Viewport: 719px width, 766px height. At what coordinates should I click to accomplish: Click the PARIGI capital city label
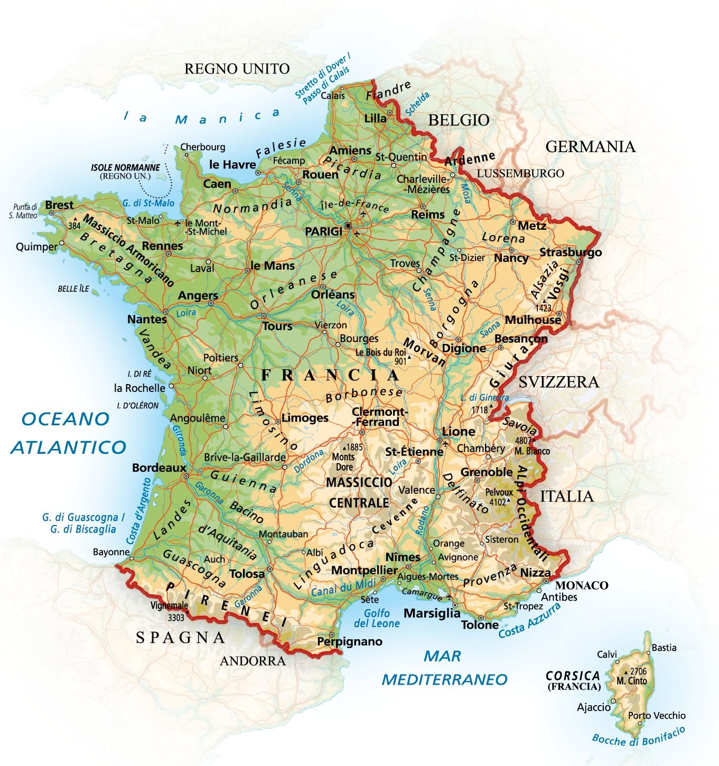(323, 231)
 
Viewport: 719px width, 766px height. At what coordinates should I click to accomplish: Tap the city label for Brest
(59, 205)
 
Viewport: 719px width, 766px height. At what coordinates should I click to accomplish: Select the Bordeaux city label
(159, 468)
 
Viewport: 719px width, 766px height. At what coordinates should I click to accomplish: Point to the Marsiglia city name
(432, 613)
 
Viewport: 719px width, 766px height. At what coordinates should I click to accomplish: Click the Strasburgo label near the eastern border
(570, 253)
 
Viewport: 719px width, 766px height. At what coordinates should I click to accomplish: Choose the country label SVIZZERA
(558, 382)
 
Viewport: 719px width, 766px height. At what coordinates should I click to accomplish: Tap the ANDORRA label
(253, 661)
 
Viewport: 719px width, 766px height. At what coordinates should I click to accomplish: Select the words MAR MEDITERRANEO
(444, 668)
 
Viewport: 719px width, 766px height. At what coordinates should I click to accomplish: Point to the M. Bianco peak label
(532, 451)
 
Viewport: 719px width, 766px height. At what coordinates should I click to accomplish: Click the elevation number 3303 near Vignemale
(176, 617)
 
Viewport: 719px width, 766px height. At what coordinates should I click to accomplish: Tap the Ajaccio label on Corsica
(593, 707)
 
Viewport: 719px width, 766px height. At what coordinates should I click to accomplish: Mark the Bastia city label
(664, 648)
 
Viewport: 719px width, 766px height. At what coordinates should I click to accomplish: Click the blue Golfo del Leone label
(377, 618)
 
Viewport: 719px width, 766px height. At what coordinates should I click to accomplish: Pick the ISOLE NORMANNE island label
(125, 167)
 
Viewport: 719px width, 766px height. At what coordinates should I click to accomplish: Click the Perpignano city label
(349, 641)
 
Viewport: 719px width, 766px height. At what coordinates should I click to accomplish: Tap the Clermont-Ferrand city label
(379, 417)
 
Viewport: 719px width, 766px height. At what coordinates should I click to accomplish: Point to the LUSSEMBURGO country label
(520, 173)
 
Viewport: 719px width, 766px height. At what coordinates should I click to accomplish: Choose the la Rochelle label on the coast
(139, 388)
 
